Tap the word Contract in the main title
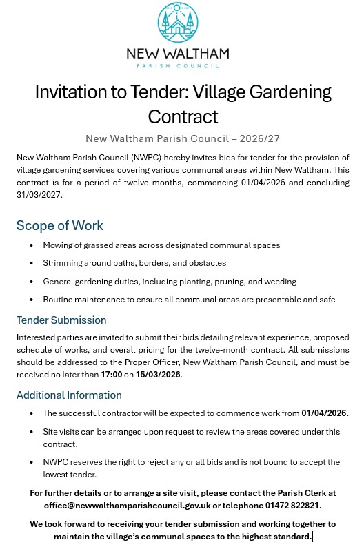click(x=183, y=116)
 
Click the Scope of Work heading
click(x=60, y=226)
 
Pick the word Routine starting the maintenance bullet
click(x=61, y=300)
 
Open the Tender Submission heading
click(x=61, y=320)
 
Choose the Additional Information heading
click(x=69, y=395)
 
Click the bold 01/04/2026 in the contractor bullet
click(x=325, y=413)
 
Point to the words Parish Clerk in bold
click(x=289, y=492)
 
